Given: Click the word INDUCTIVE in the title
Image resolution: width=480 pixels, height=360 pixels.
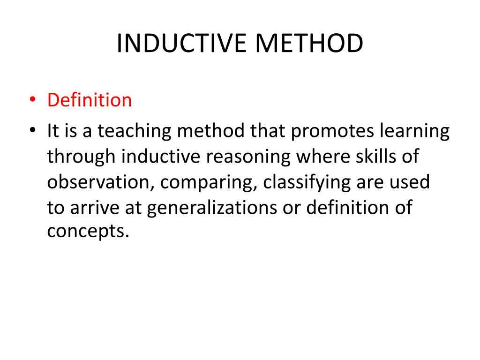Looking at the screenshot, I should [x=180, y=44].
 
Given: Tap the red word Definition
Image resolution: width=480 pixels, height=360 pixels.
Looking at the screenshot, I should [x=90, y=100].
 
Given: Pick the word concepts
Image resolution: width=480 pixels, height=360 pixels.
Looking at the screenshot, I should [x=87, y=231].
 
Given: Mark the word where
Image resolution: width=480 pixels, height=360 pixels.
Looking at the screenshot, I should [x=319, y=157].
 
